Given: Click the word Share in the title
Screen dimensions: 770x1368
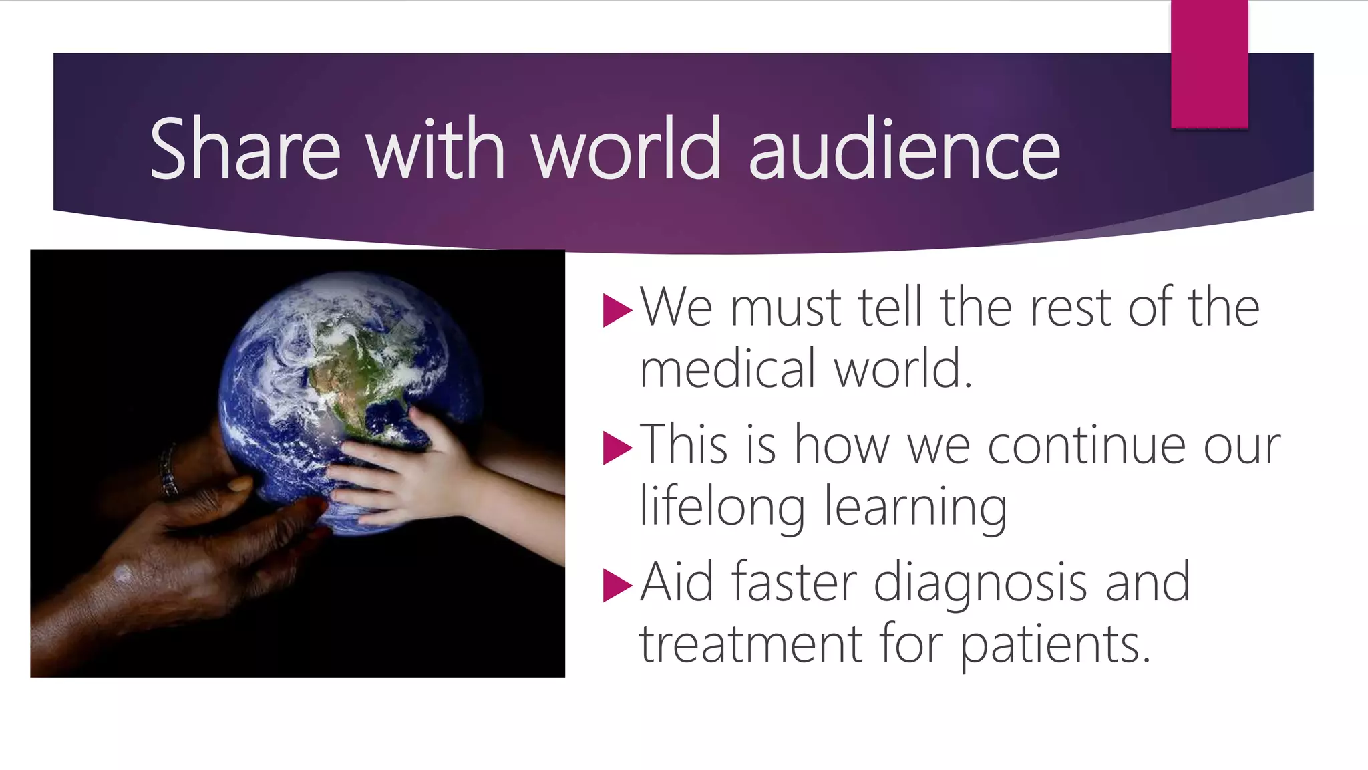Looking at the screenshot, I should click(x=244, y=149).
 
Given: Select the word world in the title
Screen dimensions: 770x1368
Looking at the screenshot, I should click(x=626, y=149).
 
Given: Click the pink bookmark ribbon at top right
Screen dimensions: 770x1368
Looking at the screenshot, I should click(x=1209, y=64).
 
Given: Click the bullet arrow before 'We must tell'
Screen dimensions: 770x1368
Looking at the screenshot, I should click(x=616, y=310).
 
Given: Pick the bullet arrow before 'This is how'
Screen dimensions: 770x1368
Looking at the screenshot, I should click(x=616, y=447).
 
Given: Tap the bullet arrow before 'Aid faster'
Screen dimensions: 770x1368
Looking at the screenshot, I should click(x=616, y=585).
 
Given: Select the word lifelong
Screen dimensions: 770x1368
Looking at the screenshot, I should click(x=722, y=507).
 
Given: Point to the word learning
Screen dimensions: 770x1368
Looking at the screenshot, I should click(x=915, y=508).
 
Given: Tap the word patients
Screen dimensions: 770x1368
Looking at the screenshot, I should click(x=1055, y=646).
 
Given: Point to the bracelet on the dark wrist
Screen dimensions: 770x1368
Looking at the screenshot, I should click(x=168, y=471).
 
